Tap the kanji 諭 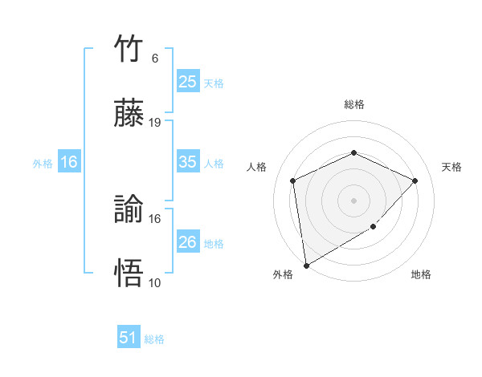click(129, 211)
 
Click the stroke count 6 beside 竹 click(155, 59)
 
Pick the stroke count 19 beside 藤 click(155, 122)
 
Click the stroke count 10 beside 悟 click(155, 282)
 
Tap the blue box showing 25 click(187, 81)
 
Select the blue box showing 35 click(187, 162)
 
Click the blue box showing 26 click(187, 241)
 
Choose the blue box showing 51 click(129, 338)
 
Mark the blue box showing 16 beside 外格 click(69, 162)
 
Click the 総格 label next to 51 click(154, 339)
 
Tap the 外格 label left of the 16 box click(43, 163)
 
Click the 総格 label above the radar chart click(353, 104)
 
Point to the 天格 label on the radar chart click(452, 167)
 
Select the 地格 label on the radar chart click(421, 274)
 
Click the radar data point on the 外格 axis click(306, 266)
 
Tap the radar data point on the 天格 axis click(415, 180)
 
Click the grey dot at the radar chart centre click(353, 200)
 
